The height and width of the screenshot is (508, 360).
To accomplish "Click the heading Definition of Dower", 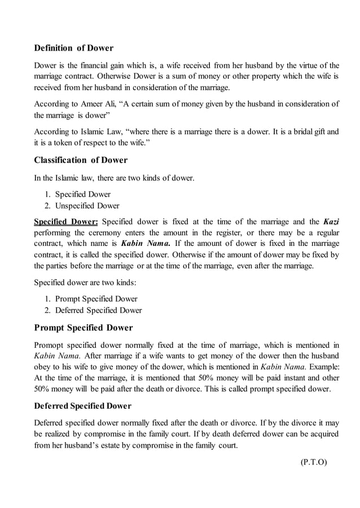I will click(74, 48).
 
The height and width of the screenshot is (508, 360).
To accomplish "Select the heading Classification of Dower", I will click(81, 160).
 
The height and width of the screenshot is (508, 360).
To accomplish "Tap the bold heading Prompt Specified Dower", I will click(84, 328).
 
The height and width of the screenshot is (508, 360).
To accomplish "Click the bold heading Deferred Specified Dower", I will click(82, 406).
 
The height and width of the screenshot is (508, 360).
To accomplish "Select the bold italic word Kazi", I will click(331, 221).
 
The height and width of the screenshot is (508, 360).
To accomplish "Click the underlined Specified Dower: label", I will click(66, 221).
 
